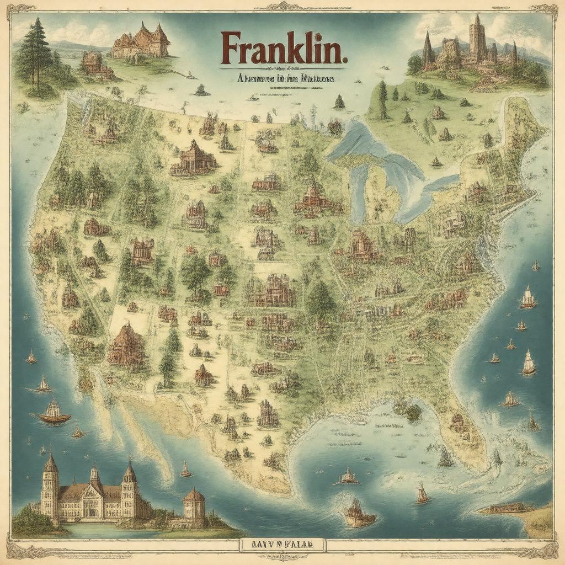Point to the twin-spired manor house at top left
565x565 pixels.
point(140,41)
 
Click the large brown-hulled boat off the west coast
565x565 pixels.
point(54,413)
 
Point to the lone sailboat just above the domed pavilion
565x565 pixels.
point(186,470)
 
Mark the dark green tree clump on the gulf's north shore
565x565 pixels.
point(411,411)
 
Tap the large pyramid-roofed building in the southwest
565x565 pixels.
point(126,345)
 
